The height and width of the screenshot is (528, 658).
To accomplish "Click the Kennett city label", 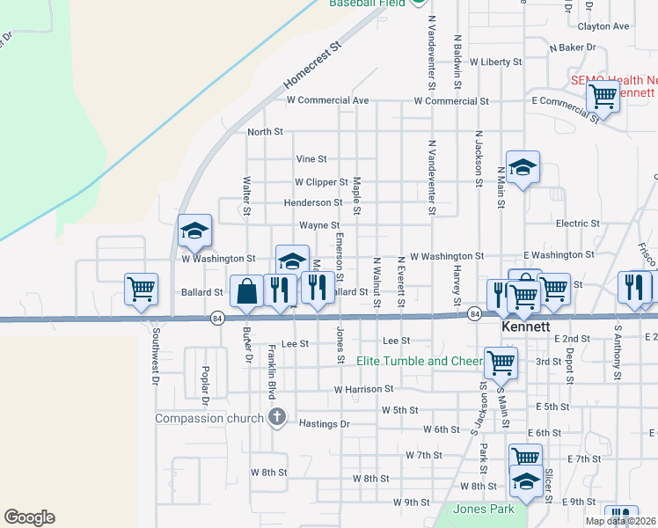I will [526, 326].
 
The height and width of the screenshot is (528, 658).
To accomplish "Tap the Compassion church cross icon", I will [277, 417].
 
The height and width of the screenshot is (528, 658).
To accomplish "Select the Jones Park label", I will [483, 510].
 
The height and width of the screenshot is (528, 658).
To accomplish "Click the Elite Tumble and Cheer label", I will [418, 361].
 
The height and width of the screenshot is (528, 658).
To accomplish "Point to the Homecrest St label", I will [311, 66].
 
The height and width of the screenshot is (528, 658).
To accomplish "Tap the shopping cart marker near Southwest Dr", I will [141, 289].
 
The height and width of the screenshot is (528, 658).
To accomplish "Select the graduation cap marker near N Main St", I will [523, 167].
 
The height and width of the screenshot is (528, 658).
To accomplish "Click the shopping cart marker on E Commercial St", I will [603, 96].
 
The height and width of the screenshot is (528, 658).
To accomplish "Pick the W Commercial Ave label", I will [327, 100].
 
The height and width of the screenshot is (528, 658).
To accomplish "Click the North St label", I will [265, 132].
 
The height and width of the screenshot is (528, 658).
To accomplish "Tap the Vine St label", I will [311, 159].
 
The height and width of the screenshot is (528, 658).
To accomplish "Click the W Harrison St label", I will [363, 389].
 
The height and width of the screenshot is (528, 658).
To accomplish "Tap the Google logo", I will [29, 517].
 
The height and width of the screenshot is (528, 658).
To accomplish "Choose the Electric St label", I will [577, 224].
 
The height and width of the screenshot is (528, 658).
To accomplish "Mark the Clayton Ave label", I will [603, 26].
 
